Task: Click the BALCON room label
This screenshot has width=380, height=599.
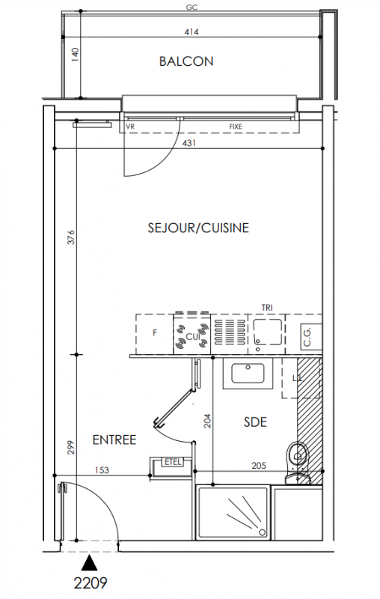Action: [x=186, y=61]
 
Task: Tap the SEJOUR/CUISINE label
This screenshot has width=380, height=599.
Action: [x=198, y=228]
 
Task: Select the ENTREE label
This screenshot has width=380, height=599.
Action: [x=114, y=440]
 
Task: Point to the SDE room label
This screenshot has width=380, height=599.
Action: [x=255, y=422]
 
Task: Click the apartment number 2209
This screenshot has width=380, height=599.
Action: [x=91, y=583]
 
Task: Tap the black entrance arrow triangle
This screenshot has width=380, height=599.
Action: [x=89, y=563]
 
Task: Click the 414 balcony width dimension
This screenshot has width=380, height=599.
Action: [x=191, y=31]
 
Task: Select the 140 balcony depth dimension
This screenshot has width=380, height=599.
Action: [x=75, y=55]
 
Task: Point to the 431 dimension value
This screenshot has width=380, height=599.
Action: [x=189, y=143]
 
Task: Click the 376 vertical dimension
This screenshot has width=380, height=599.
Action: [x=71, y=237]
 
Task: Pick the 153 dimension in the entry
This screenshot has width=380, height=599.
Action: [x=102, y=470]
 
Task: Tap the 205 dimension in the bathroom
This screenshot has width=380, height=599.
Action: [x=259, y=465]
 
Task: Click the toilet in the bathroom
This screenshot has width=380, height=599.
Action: [x=298, y=463]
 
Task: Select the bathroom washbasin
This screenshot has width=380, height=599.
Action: [x=248, y=374]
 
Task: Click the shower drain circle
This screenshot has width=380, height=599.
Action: [x=262, y=532]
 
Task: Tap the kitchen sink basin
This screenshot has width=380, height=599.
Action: [x=267, y=331]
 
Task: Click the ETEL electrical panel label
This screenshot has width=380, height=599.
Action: [x=173, y=462]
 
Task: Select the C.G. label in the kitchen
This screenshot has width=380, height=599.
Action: [x=307, y=336]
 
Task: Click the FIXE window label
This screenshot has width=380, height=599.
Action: [x=236, y=127]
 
